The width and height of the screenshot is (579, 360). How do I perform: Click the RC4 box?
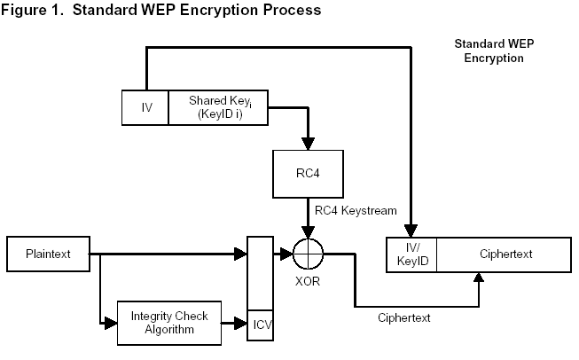pos(308,175)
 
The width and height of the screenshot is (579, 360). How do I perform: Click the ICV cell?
pos(261,324)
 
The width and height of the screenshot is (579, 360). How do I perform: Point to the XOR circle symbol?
pos(309,254)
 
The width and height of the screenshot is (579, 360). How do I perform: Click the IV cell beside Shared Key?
pos(146,107)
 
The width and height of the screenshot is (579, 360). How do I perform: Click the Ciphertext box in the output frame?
pos(503,254)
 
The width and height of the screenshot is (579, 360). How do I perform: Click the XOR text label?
pos(309,283)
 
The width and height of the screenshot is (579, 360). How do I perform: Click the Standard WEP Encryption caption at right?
pos(489,51)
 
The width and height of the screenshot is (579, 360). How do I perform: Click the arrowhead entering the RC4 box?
pos(308,143)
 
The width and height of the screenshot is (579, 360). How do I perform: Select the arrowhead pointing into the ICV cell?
pos(242,324)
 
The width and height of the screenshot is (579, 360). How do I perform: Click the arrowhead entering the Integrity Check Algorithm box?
pos(111,324)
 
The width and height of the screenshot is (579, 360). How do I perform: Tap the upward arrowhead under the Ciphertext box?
pos(480,278)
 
